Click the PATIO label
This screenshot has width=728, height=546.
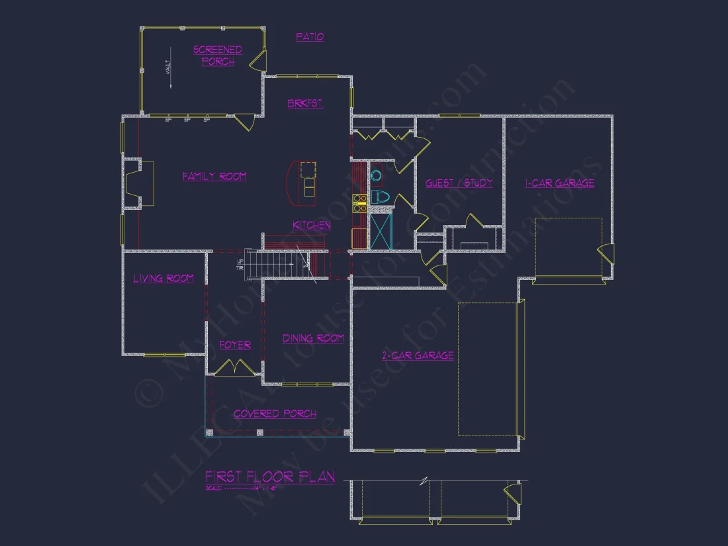[310, 37]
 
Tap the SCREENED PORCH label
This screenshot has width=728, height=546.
[218, 56]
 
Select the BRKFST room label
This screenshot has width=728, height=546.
[305, 104]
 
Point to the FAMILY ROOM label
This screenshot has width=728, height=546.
[214, 177]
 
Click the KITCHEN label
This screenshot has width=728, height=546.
[312, 226]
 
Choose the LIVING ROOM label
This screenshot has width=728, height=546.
[163, 279]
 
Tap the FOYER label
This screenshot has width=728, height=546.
[235, 345]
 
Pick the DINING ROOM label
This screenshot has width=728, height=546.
[313, 338]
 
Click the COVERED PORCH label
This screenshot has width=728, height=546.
[275, 414]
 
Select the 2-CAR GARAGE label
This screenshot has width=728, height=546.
[418, 356]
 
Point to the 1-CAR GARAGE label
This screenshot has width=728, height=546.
[559, 183]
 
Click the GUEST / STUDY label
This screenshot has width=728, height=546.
[459, 183]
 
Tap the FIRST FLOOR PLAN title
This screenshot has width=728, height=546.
[270, 477]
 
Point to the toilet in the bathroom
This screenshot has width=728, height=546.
[379, 197]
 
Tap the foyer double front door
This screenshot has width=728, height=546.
[235, 367]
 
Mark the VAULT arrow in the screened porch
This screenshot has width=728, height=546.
[169, 68]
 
